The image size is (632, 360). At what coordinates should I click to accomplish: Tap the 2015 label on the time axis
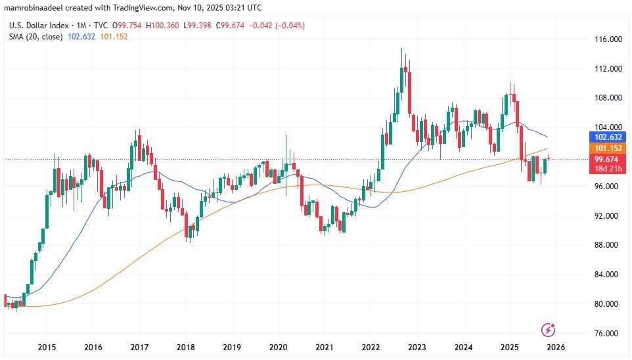click(x=46, y=347)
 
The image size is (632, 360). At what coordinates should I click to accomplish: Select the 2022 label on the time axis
click(x=371, y=347)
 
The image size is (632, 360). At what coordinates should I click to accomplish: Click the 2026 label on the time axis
click(x=556, y=347)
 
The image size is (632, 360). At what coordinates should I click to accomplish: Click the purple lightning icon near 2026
click(x=547, y=329)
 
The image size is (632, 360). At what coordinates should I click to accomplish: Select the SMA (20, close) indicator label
click(x=35, y=37)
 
